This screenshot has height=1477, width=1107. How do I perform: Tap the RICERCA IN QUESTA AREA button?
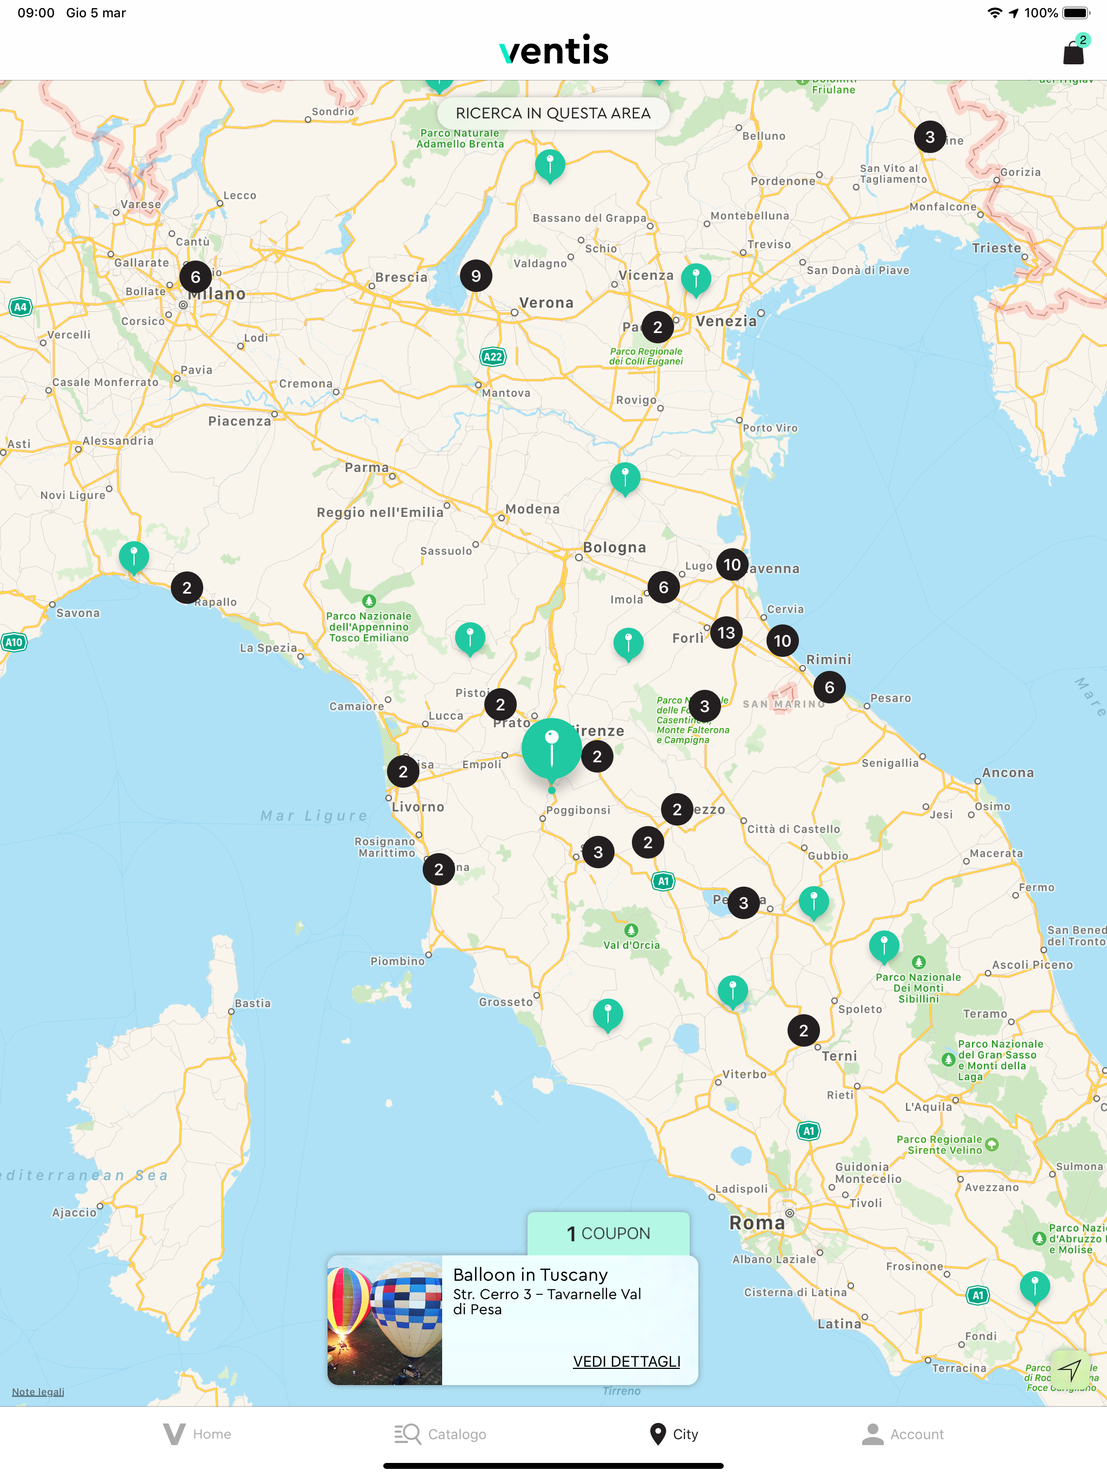[x=553, y=114]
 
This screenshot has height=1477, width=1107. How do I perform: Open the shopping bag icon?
[x=1073, y=52]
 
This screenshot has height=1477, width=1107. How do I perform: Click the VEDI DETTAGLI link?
[x=626, y=1361]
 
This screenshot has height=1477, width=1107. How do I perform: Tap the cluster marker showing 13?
[x=726, y=633]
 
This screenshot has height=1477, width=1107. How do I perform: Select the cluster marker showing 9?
[x=475, y=276]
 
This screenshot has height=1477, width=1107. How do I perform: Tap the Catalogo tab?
[x=441, y=1434]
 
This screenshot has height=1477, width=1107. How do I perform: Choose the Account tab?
[x=903, y=1434]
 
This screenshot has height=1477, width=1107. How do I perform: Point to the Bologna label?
[x=614, y=548]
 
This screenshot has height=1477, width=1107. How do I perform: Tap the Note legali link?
[x=38, y=1392]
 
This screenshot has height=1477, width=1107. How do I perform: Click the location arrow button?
[x=1070, y=1369]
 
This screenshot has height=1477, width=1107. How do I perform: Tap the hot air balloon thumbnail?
[x=384, y=1320]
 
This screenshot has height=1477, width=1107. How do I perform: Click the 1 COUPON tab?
[x=608, y=1233]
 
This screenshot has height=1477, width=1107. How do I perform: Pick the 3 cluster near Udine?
[x=929, y=137]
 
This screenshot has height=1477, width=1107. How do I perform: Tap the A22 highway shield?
[x=493, y=357]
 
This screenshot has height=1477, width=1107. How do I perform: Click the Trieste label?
[x=996, y=248]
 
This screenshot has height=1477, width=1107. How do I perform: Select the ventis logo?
[x=553, y=51]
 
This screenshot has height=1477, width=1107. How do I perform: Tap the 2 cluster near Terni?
[x=803, y=1030]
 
